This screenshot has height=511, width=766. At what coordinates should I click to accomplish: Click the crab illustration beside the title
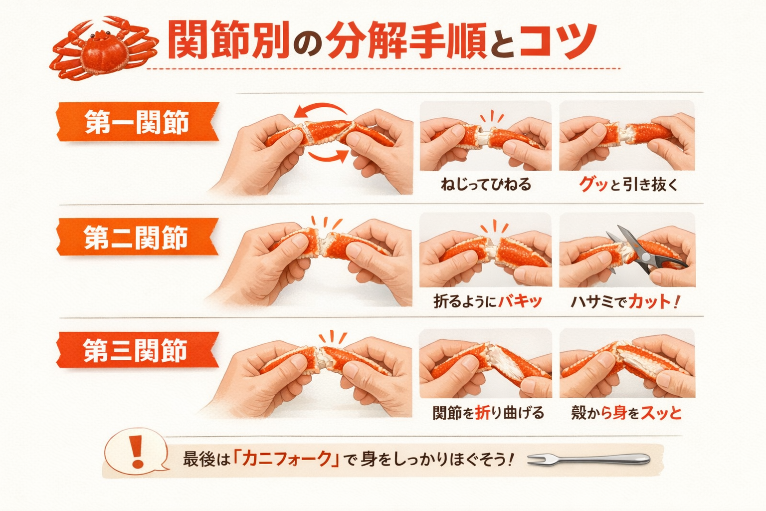coord(104,48)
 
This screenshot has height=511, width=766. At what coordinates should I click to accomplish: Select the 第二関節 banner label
coord(137,237)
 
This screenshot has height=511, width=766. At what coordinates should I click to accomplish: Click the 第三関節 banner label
coord(137,350)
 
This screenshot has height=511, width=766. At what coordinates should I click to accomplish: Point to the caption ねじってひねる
coord(486,185)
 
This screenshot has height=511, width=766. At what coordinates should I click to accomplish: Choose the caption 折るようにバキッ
coord(488,301)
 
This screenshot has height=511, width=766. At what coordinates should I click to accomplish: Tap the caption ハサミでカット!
coord(625,301)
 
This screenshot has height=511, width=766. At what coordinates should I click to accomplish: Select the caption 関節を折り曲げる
coord(488,413)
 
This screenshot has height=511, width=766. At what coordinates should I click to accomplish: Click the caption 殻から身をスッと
coord(626,413)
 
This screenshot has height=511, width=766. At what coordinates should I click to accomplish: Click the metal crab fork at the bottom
coord(588,459)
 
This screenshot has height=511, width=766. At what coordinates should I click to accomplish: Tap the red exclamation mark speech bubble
coord(136,450)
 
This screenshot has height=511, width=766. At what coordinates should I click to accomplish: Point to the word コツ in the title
coord(558,40)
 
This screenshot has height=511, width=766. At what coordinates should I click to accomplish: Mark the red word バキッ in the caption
coord(520,301)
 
